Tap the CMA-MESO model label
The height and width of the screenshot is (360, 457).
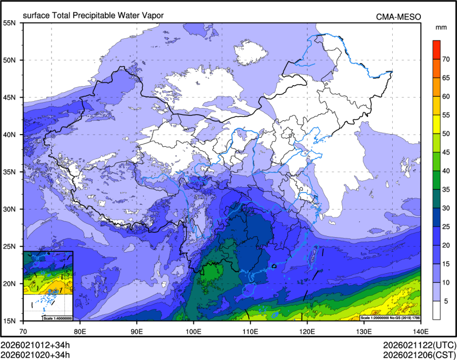[x=399, y=16]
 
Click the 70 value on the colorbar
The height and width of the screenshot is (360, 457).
[x=447, y=58]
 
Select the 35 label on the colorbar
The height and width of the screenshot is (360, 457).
[x=447, y=189]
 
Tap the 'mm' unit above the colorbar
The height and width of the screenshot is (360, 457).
[x=441, y=27]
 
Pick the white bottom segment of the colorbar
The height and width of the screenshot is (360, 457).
[x=436, y=310]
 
